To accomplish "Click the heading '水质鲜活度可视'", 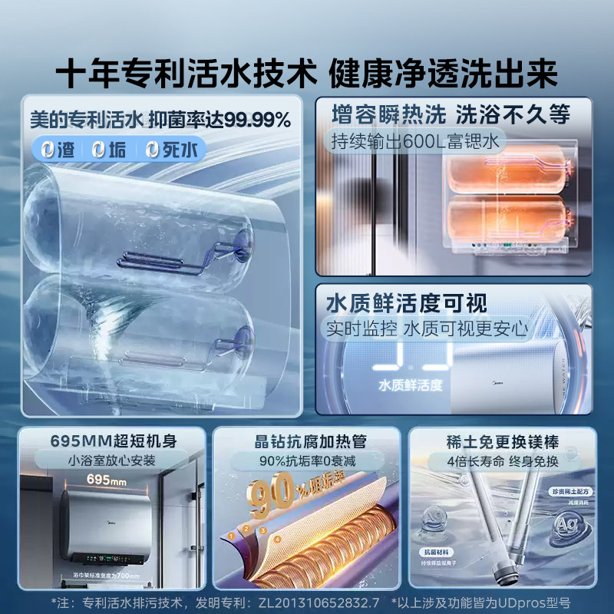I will (x=407, y=302).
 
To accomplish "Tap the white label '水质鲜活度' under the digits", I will (x=409, y=385).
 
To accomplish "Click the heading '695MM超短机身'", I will (x=112, y=441).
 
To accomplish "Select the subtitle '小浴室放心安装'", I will (x=112, y=461).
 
